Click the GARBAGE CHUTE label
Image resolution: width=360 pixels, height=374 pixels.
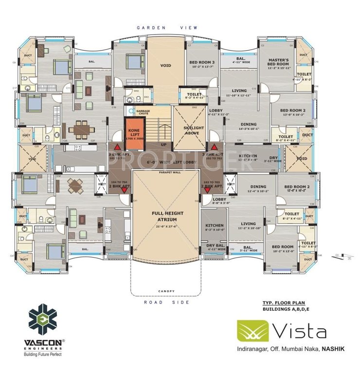coord(143,112)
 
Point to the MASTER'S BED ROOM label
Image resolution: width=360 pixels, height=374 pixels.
coord(279,62)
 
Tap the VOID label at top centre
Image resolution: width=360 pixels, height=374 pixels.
coord(166,65)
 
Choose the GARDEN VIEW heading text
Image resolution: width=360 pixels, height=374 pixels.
coord(165,28)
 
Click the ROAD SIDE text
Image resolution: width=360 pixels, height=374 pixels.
coord(166,302)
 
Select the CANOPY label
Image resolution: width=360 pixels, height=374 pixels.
coord(166,291)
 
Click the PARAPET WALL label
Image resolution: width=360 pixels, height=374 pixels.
coord(166,172)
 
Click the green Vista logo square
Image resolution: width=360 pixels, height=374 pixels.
coord(253,331)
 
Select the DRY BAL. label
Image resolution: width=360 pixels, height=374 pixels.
coord(214,245)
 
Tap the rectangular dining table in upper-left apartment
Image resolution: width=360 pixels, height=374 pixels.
coord(81,130)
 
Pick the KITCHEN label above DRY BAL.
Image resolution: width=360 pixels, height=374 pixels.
coord(214,225)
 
